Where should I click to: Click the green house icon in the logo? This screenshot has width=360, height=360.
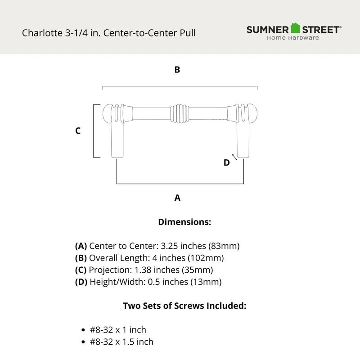tap(295, 28)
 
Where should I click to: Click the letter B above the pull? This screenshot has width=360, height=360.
tap(177, 70)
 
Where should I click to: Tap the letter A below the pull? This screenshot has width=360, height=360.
tap(177, 198)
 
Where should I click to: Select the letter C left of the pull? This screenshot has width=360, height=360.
tap(78, 131)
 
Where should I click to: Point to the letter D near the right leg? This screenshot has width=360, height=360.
tap(227, 162)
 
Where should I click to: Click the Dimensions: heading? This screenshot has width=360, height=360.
tap(184, 222)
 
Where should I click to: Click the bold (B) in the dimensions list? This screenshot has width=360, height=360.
tap(81, 258)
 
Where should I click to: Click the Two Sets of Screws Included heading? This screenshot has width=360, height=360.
tap(184, 306)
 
